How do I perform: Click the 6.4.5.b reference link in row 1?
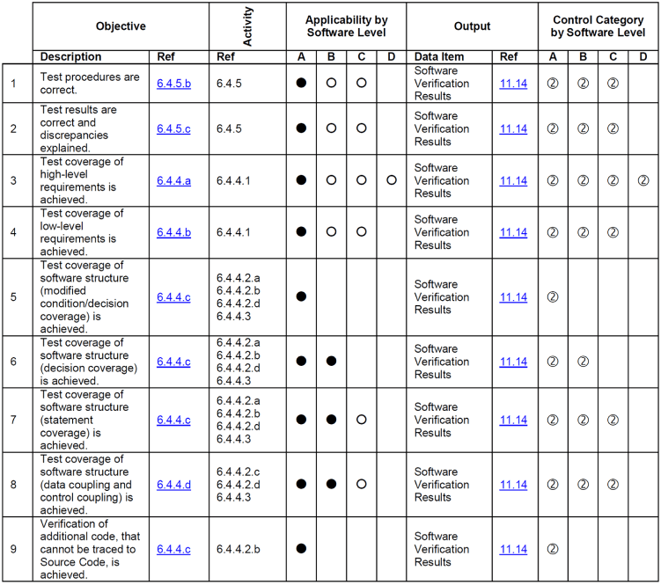173,84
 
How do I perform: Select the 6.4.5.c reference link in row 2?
173,128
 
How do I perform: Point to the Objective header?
121,26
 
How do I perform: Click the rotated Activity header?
247,26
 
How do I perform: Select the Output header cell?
472,26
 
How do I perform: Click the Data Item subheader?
439,57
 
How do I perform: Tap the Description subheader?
71,57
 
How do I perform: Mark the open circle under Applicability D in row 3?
391,180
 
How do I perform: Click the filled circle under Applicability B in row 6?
331,362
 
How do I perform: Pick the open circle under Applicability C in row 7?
361,420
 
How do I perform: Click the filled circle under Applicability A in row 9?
301,549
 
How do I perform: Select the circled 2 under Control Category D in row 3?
643,180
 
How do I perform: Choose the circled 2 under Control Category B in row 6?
583,362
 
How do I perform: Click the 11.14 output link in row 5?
513,296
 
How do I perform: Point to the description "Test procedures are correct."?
90,84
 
